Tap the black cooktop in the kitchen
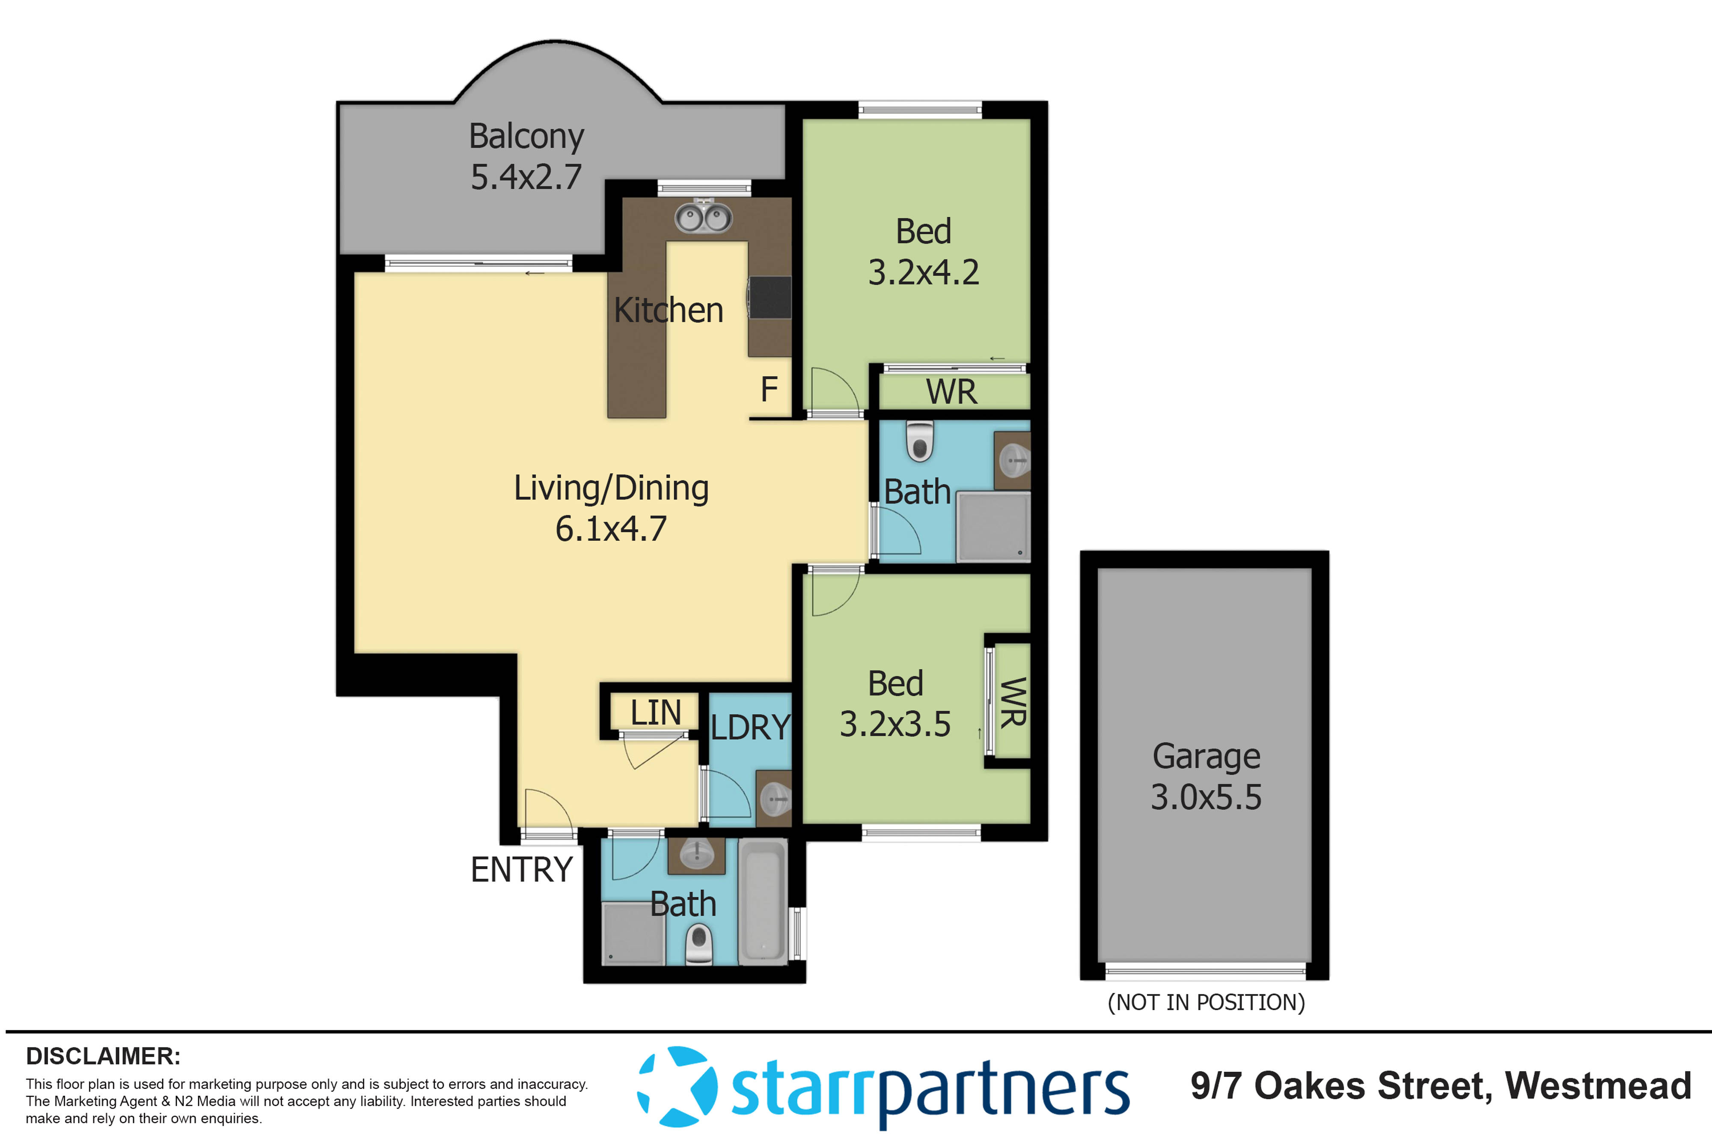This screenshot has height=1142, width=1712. coord(770,297)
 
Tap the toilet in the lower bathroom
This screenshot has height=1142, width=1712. coord(699,944)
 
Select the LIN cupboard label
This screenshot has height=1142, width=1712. coord(655,712)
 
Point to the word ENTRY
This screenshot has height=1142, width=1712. coord(521,870)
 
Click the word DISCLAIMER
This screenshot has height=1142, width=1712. coord(103,1056)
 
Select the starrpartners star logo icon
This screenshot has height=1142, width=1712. coord(677,1087)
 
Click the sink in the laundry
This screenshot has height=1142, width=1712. coord(775,799)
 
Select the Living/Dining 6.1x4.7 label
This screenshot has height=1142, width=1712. coord(611,508)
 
